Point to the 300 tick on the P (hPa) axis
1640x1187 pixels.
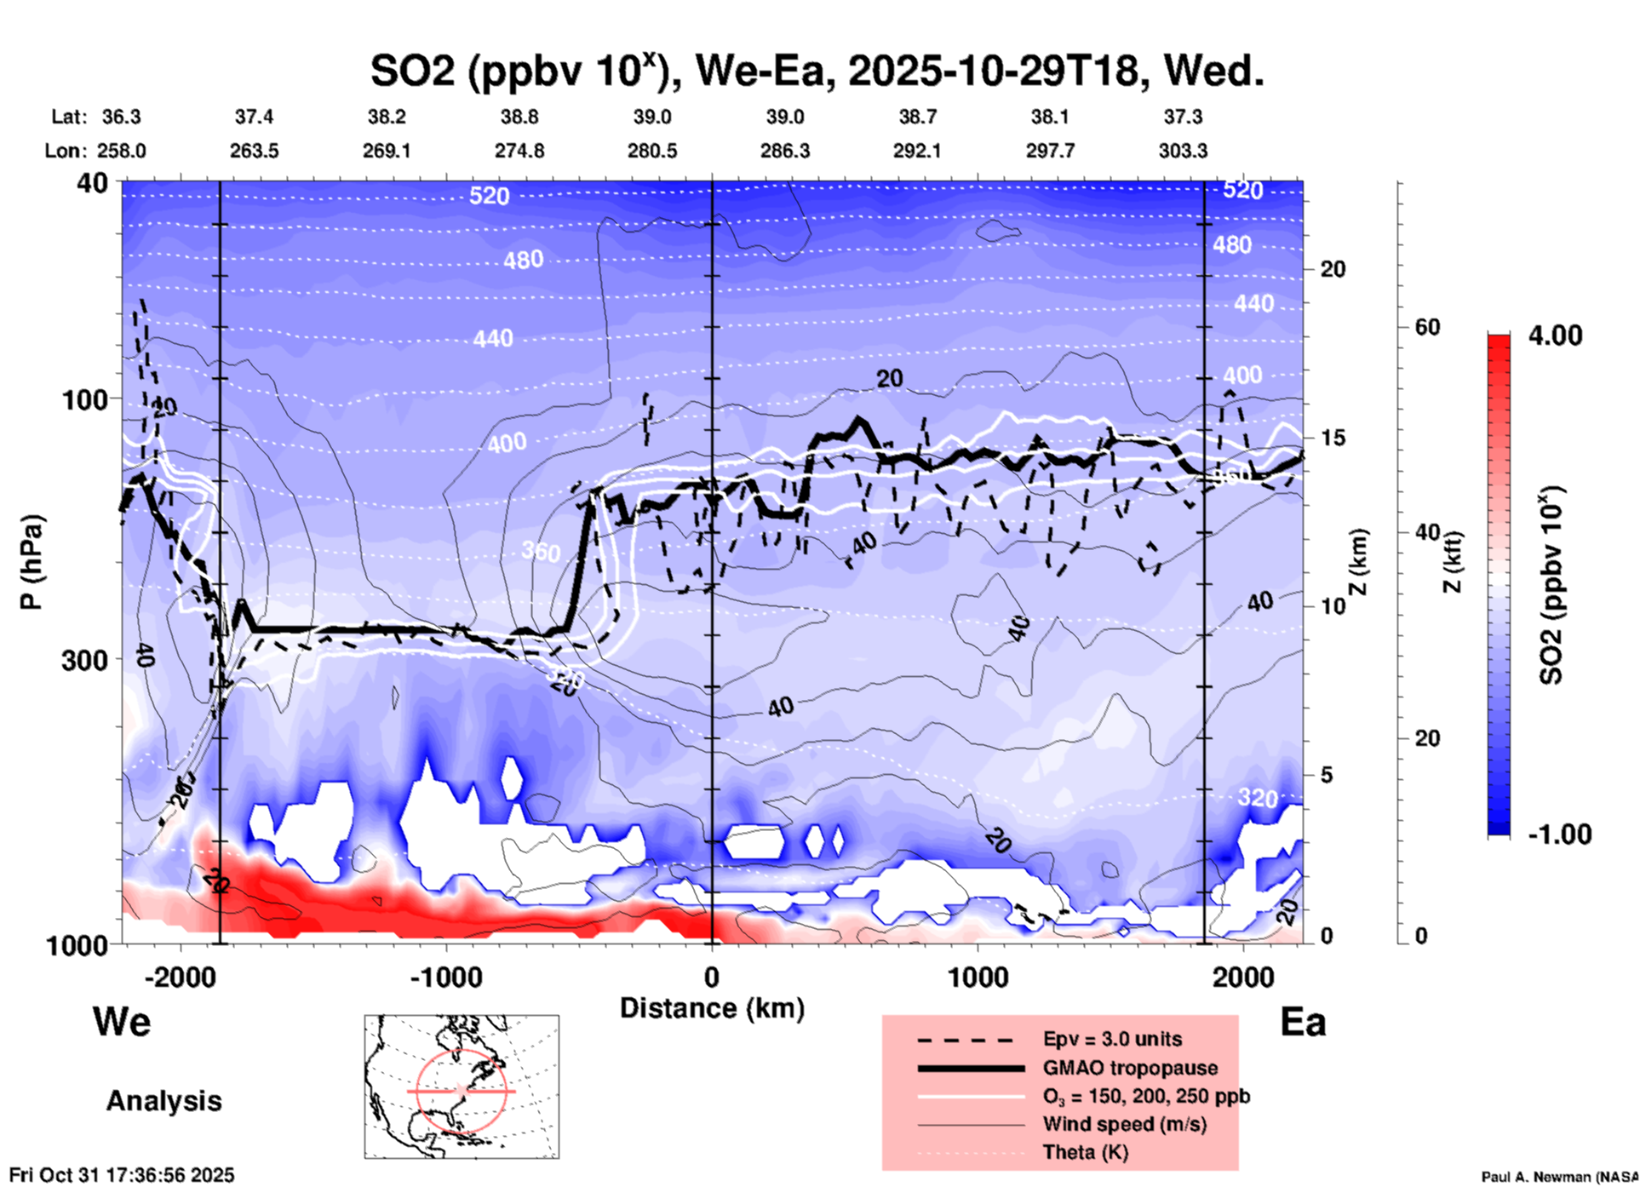(x=85, y=660)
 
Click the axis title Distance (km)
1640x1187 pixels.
(x=712, y=1008)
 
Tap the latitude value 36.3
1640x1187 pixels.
(x=122, y=117)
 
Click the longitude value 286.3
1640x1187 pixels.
(x=784, y=151)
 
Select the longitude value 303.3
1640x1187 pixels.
(x=1182, y=151)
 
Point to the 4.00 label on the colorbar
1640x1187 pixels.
(x=1555, y=335)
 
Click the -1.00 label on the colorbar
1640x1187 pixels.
(x=1559, y=834)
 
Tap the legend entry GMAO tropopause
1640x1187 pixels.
(x=1130, y=1068)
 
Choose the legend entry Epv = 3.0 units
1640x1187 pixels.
(x=1112, y=1039)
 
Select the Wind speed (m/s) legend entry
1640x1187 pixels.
(x=1124, y=1124)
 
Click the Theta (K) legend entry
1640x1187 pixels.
(x=1085, y=1152)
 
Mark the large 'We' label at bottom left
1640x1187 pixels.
(x=122, y=1021)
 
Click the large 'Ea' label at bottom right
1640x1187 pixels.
(x=1303, y=1022)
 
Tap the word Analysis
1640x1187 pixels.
(x=163, y=1101)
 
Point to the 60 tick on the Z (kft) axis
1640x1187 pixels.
(x=1427, y=328)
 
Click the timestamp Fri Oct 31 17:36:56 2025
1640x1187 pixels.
(x=122, y=1175)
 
